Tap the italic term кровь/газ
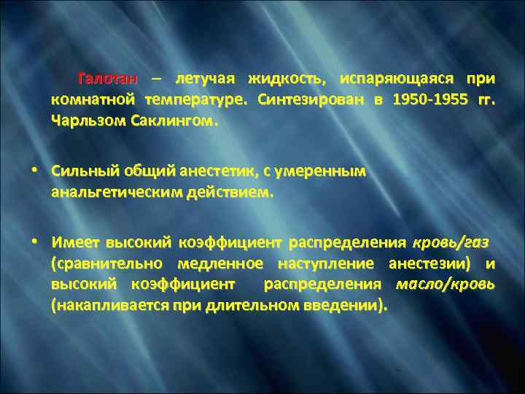pyautogui.click(x=451, y=242)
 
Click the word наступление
pyautogui.click(x=317, y=263)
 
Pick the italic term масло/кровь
pyautogui.click(x=444, y=283)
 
